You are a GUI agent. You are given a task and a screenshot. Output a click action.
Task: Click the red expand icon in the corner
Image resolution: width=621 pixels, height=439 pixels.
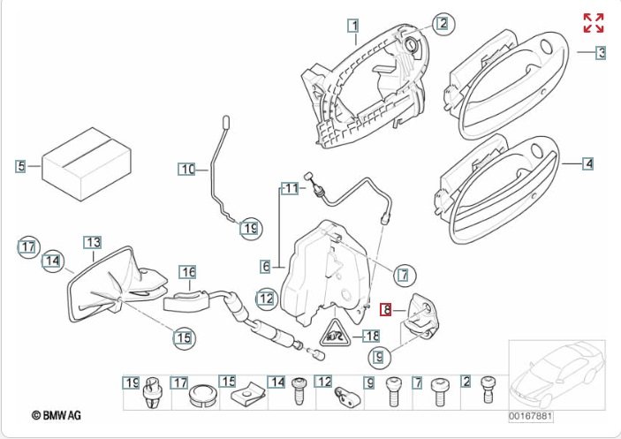[593, 23]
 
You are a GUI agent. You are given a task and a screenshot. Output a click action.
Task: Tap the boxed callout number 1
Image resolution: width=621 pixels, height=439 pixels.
[352, 26]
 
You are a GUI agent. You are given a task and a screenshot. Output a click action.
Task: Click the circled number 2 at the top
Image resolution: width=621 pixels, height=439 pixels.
[442, 24]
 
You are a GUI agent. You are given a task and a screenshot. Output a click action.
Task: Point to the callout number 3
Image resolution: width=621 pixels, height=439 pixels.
[601, 53]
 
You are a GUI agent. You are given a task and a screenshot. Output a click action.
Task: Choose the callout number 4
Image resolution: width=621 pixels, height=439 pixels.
[588, 163]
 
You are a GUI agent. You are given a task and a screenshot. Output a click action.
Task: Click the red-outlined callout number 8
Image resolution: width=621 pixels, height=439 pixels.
[386, 309]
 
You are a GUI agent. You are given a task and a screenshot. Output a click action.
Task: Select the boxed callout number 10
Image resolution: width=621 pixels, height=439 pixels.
[186, 169]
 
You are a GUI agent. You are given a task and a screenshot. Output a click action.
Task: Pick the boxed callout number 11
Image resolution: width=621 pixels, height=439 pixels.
[291, 187]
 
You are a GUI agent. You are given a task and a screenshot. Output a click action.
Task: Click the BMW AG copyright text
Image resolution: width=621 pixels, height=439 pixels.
[56, 413]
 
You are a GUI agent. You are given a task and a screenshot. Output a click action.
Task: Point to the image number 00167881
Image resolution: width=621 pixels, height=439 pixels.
[530, 416]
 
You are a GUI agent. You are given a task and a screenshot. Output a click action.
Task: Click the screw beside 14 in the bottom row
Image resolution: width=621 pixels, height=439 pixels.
[299, 389]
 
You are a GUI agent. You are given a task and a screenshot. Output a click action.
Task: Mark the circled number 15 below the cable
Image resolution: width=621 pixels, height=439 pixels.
[183, 337]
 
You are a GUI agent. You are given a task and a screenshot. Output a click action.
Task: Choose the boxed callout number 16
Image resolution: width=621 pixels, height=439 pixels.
[187, 272]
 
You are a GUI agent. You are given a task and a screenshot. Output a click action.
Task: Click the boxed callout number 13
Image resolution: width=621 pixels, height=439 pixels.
[93, 242]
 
